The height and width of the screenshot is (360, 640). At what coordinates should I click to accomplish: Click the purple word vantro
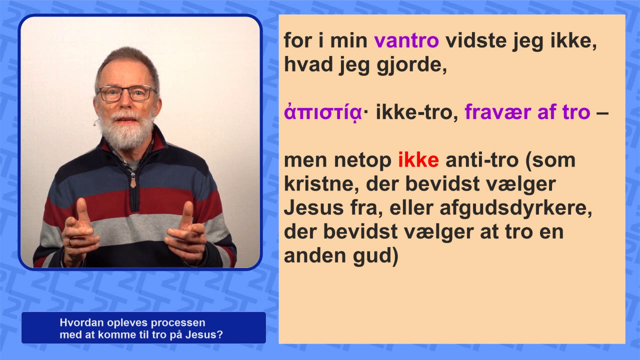(x=406, y=41)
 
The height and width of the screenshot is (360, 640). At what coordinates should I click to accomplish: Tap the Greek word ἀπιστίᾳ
(x=323, y=112)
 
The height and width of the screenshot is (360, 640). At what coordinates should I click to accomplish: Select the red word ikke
(x=418, y=160)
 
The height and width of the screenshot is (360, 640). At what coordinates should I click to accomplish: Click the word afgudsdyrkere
(x=515, y=209)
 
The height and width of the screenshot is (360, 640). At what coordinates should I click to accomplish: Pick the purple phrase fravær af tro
(x=527, y=112)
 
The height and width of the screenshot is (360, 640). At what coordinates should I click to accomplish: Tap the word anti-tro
(x=481, y=160)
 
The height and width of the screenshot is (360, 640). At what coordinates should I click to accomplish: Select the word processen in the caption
(x=177, y=323)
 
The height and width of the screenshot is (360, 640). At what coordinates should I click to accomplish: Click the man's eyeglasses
(x=126, y=93)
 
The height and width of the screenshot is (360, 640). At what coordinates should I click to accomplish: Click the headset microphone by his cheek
(x=95, y=123)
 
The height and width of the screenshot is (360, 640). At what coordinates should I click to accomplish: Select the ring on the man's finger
(x=70, y=243)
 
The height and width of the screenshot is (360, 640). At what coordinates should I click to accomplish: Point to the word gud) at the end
(x=375, y=256)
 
